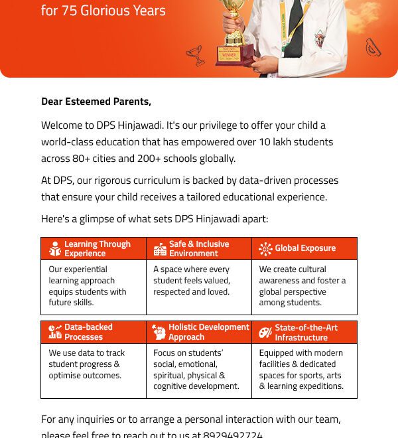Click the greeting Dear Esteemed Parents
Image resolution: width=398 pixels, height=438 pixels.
click(x=96, y=102)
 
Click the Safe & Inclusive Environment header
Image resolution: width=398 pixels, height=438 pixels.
click(x=198, y=249)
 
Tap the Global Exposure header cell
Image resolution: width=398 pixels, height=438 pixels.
click(x=304, y=248)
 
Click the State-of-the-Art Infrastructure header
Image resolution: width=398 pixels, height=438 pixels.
click(x=306, y=332)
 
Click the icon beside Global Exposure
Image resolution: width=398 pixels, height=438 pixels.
click(x=265, y=249)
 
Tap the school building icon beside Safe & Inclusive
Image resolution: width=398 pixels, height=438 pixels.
click(x=160, y=249)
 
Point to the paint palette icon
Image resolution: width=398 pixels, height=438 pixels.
click(x=265, y=332)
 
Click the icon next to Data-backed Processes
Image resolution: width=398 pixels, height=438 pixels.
click(x=55, y=332)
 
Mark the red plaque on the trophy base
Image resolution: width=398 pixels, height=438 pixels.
click(x=234, y=54)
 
